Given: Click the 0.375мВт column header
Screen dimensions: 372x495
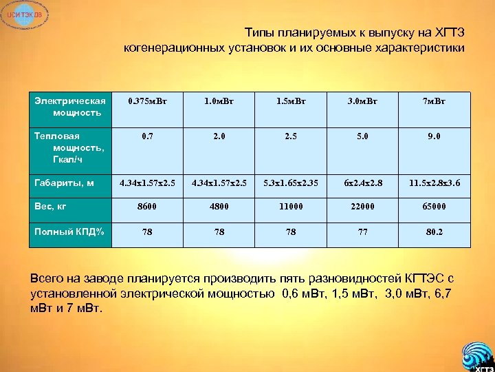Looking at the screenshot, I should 147,102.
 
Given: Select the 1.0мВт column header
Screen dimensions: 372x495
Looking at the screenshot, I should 219,102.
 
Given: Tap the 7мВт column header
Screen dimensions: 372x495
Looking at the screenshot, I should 434,102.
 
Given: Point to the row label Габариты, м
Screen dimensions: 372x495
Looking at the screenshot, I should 64,183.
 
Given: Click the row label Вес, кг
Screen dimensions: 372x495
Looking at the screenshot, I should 52,205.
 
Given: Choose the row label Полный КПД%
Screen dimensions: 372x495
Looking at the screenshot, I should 69,231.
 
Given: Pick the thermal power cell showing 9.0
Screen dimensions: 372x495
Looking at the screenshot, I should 434,136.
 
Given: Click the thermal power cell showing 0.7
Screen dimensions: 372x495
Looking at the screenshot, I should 147,136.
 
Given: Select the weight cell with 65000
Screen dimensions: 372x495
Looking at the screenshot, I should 434,206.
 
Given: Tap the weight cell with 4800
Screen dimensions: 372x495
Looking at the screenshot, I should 219,206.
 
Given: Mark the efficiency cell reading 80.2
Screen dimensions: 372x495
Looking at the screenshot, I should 434,232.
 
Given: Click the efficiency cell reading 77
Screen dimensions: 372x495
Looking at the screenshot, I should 362,232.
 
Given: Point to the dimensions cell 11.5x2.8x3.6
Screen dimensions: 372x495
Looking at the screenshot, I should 434,184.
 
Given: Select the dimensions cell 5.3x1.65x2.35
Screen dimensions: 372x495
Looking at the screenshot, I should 291,184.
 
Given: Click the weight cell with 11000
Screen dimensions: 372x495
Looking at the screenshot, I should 291,206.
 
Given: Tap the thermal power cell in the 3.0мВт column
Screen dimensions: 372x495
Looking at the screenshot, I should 362,136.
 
